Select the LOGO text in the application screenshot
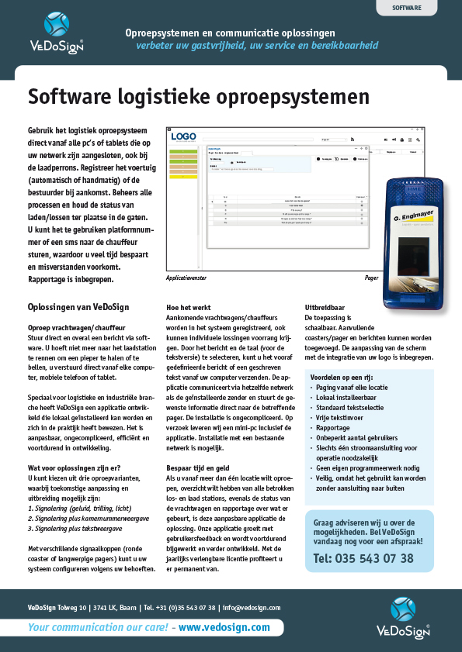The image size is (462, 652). (183, 136)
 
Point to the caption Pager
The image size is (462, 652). (372, 277)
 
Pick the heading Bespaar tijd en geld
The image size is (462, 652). (199, 469)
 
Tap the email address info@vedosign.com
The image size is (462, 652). (252, 608)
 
